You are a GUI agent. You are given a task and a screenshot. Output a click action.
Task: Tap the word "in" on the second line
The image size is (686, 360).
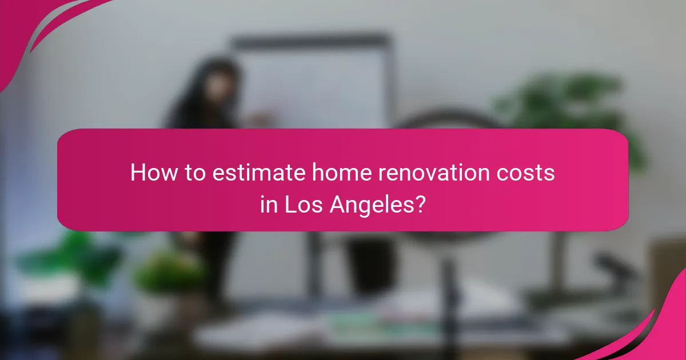(x=268, y=204)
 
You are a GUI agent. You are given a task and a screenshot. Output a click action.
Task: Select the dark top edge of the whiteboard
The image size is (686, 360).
(x=312, y=40)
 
